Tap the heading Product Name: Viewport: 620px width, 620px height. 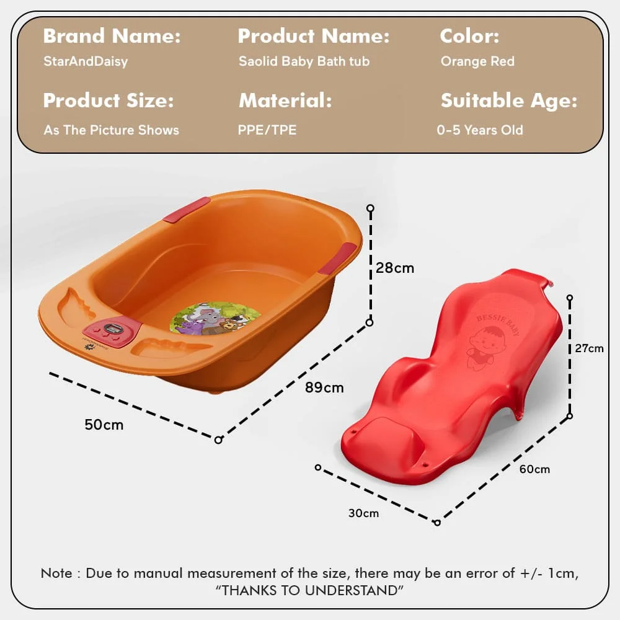[313, 37]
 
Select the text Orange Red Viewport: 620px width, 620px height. [477, 61]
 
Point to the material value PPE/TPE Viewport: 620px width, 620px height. [267, 130]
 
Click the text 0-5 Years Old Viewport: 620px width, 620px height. [480, 130]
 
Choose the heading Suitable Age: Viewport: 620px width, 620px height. [508, 100]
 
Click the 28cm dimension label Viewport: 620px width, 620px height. [395, 268]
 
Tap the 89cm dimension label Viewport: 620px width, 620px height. [324, 388]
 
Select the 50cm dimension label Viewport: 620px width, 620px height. [104, 425]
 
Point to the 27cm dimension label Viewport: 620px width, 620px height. [589, 348]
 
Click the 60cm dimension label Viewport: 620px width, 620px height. [534, 469]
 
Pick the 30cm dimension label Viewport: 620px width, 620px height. [363, 513]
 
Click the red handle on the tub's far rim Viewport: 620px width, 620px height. [187, 210]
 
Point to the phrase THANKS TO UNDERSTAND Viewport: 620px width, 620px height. [309, 590]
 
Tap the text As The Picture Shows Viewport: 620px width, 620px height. [111, 130]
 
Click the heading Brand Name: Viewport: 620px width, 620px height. [112, 37]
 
